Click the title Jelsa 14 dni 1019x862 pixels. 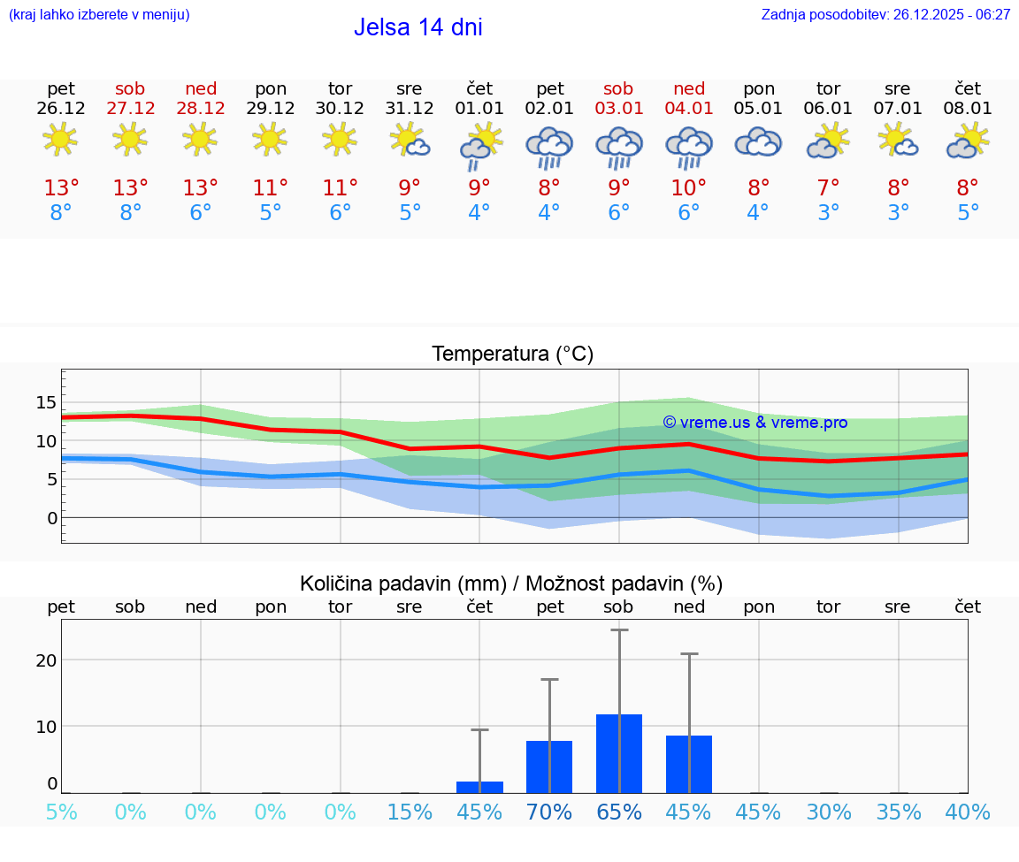click(x=418, y=27)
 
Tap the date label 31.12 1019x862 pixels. click(x=410, y=109)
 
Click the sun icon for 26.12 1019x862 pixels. click(x=60, y=140)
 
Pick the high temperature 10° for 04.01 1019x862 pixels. click(x=688, y=188)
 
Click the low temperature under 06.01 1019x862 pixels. click(x=828, y=213)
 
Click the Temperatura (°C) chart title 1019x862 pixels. click(x=512, y=355)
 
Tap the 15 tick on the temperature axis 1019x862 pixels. click(x=46, y=403)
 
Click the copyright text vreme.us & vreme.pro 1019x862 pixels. click(x=755, y=423)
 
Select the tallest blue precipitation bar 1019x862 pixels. click(x=618, y=753)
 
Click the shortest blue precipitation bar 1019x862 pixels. click(x=479, y=787)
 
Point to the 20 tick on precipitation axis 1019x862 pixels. click(x=46, y=660)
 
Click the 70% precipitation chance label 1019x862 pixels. click(x=548, y=812)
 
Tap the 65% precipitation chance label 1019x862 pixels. click(x=618, y=812)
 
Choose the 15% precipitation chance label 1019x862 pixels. click(x=410, y=812)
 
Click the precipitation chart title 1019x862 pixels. click(x=511, y=584)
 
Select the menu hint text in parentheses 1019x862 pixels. click(x=99, y=15)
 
